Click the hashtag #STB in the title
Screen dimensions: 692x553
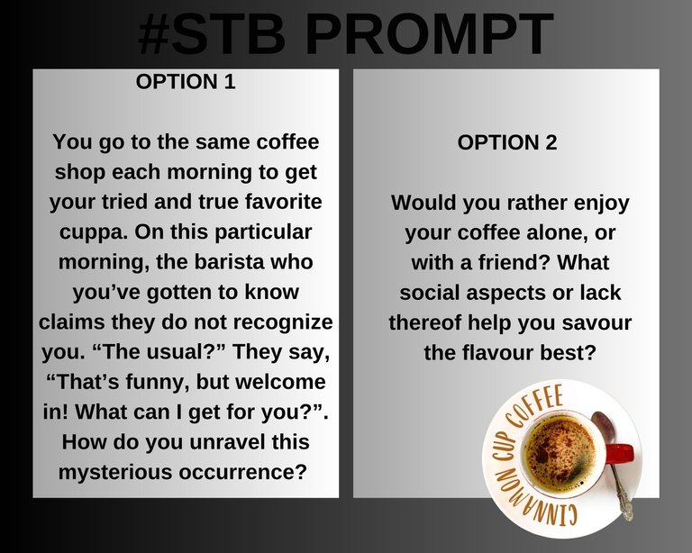[212, 34]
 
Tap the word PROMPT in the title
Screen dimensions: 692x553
[429, 34]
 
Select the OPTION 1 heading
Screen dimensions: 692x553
[186, 82]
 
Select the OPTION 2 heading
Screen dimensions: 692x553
[507, 143]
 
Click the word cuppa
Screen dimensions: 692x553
[93, 233]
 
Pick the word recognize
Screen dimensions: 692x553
[282, 322]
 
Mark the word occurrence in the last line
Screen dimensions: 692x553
[242, 472]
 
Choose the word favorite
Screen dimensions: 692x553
[283, 202]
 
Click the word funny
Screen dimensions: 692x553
[158, 383]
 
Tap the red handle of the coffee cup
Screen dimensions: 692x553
[620, 453]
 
